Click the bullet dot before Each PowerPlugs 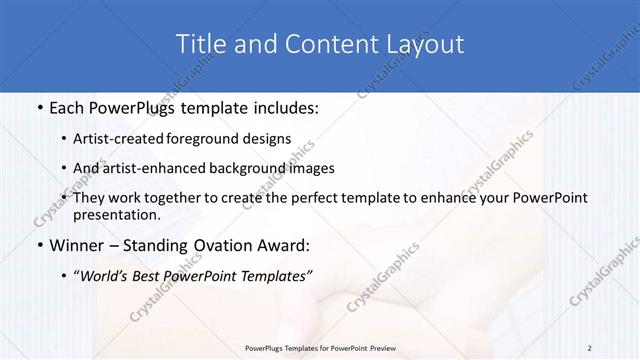[37, 107]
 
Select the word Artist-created [139, 138]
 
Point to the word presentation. [123, 214]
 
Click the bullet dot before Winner [37, 245]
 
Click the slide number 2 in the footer [590, 347]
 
